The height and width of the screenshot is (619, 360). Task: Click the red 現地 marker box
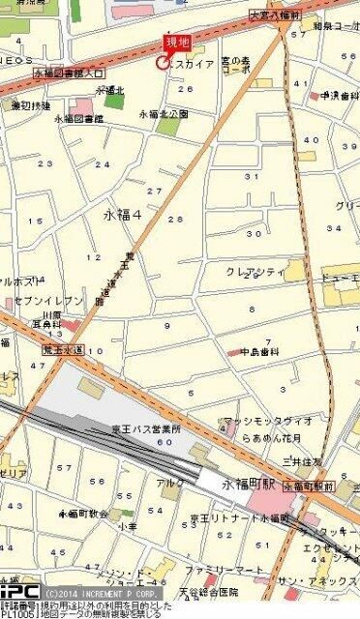coord(177,42)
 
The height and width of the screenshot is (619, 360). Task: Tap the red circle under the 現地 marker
coord(162,63)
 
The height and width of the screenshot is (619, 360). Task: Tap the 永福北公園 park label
coord(164,113)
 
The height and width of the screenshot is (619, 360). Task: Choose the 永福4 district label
coord(121,215)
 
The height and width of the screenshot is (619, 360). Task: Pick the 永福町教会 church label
coord(84,514)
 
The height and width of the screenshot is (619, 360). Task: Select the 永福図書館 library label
coord(79,119)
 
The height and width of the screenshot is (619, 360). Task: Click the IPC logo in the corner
coord(19,590)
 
